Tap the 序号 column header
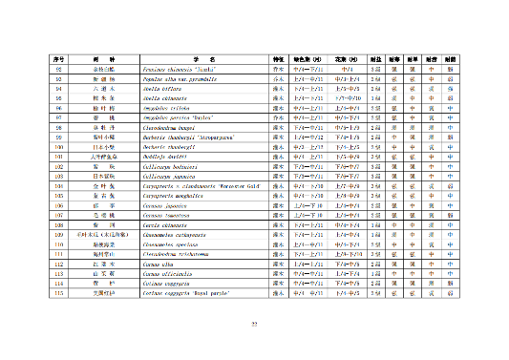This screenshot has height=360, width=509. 58,60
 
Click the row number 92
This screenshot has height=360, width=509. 58,70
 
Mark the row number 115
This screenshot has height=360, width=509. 58,294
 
